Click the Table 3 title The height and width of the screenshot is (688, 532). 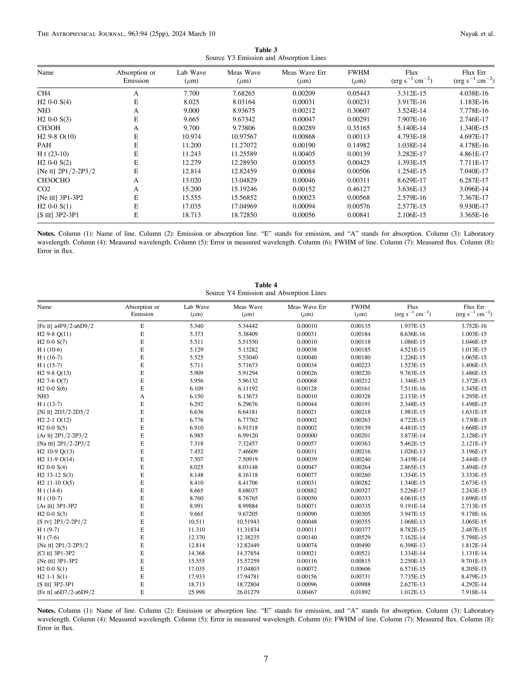(x=266, y=50)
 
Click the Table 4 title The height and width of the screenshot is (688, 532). (x=266, y=285)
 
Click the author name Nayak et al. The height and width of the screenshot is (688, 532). (x=477, y=34)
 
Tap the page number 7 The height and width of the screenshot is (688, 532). (x=266, y=659)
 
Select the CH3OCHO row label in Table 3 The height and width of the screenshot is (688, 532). (x=54, y=180)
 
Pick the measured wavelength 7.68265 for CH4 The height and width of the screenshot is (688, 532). (x=244, y=93)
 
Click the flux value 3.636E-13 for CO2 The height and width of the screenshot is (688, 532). (x=412, y=189)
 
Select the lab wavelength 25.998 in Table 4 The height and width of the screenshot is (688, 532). (x=196, y=592)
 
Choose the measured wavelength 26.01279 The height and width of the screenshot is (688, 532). (x=248, y=592)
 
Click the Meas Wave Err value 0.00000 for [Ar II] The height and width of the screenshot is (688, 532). (x=307, y=436)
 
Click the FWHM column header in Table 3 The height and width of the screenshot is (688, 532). (x=358, y=73)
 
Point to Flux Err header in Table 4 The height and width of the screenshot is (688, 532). (x=474, y=307)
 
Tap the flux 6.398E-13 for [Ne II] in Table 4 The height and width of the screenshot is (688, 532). (x=412, y=545)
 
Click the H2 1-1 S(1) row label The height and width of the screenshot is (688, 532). (x=52, y=576)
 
